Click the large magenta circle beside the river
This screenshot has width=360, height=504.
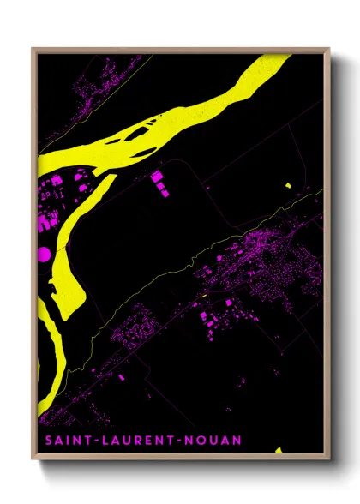tap(44, 253)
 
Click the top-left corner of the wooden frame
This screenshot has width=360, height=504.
tap(32, 49)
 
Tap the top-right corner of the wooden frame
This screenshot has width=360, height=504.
tap(330, 49)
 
